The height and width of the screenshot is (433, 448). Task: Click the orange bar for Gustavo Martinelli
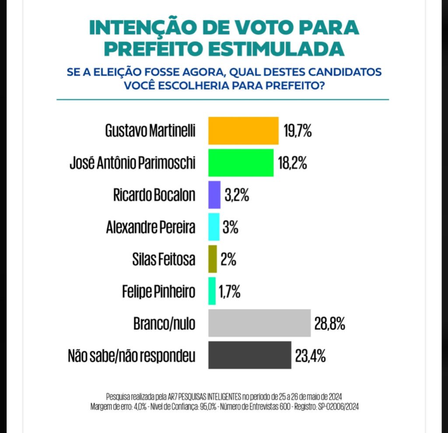(x=243, y=131)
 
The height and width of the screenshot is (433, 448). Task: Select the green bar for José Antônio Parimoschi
(x=241, y=163)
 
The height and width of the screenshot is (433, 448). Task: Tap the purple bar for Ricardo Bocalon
(x=214, y=195)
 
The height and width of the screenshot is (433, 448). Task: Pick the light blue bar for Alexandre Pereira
(x=213, y=227)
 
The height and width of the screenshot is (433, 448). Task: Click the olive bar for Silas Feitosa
(x=213, y=259)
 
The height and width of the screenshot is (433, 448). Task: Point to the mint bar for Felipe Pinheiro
(x=212, y=291)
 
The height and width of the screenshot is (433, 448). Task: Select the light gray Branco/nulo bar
(x=259, y=323)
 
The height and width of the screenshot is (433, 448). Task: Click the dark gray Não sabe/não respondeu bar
(x=250, y=355)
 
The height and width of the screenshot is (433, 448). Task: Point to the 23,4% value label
(x=310, y=356)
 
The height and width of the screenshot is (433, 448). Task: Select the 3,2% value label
(x=237, y=195)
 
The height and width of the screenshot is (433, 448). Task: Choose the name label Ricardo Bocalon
(x=154, y=195)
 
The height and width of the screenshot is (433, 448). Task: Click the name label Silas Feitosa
(x=163, y=260)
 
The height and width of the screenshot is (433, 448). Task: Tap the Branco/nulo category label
(x=164, y=324)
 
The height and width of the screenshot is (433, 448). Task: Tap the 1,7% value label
(x=230, y=292)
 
